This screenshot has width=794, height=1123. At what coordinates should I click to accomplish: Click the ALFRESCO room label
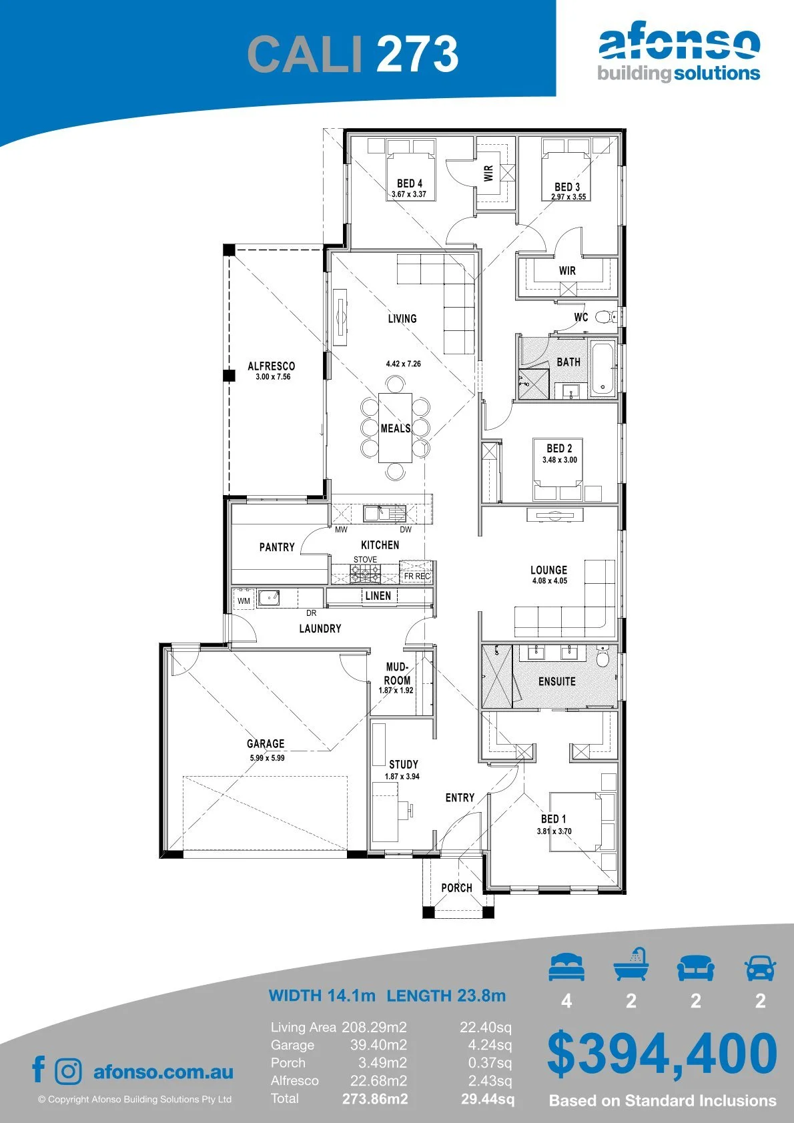point(271,366)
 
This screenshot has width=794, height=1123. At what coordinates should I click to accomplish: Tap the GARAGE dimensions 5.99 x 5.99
point(267,758)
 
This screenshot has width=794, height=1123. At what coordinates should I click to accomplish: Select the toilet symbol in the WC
point(605,317)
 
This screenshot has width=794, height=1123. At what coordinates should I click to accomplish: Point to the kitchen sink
point(384,514)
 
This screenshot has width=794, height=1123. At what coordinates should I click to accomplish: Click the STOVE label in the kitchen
point(365,559)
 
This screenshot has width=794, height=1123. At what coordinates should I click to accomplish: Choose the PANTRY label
point(277,547)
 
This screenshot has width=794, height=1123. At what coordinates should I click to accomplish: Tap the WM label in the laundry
point(244,601)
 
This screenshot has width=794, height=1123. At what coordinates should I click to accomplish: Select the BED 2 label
point(559,448)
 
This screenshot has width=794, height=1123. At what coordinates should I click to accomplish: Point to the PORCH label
point(456,888)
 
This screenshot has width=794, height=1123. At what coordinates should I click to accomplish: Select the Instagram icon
point(67,1071)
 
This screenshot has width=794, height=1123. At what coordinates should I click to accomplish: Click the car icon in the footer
point(761,966)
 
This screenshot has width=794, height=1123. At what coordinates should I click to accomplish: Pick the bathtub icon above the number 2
point(631,964)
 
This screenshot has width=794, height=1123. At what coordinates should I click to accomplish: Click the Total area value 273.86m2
point(375,1099)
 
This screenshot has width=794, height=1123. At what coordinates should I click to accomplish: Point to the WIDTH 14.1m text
point(322,995)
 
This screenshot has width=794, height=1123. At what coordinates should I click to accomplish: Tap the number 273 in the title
point(417,53)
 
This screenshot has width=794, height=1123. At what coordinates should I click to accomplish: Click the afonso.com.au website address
point(163,1072)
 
